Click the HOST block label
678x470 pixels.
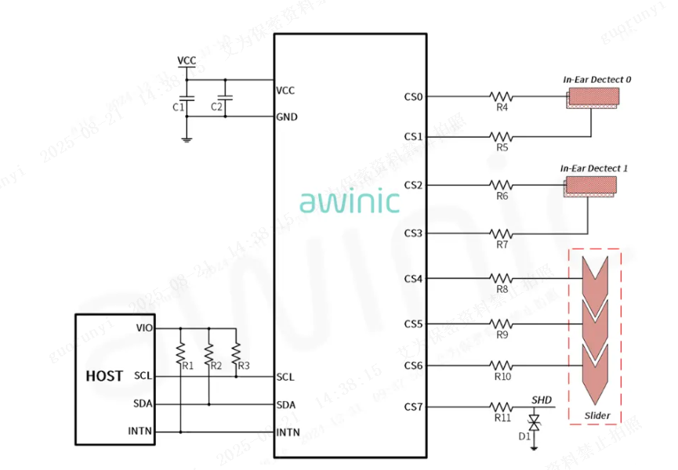click(x=104, y=376)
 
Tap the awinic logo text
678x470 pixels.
click(x=349, y=201)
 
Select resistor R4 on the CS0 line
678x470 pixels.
click(x=502, y=97)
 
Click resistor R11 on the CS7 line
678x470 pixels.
click(x=502, y=407)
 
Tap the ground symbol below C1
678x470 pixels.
click(x=187, y=139)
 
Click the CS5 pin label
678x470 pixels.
click(x=413, y=324)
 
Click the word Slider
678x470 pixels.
click(x=597, y=415)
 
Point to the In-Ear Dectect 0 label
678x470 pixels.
click(x=596, y=79)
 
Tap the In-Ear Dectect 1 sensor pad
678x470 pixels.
click(x=593, y=186)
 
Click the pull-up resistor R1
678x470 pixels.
click(x=181, y=349)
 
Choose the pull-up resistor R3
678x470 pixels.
click(x=237, y=349)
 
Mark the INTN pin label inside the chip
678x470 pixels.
click(x=288, y=432)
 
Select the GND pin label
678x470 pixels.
click(x=287, y=117)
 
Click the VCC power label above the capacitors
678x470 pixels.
click(x=187, y=60)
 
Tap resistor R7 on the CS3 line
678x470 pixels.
click(x=502, y=233)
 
